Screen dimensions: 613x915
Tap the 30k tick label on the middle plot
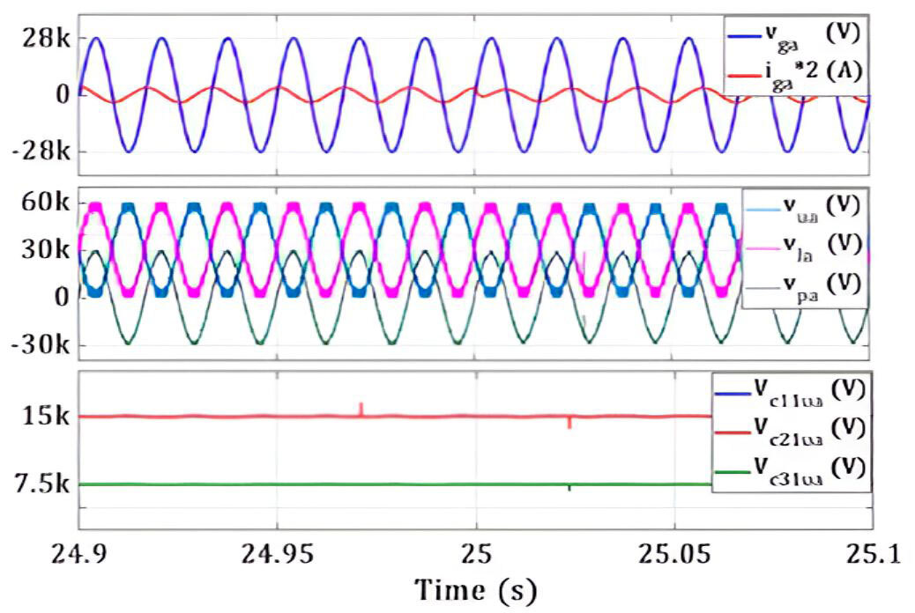point(48,250)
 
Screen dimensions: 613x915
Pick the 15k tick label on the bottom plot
point(48,416)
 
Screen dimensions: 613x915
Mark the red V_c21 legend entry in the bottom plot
point(802,428)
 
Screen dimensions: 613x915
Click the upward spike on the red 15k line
point(361,408)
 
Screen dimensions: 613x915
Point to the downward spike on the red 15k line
point(569,424)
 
